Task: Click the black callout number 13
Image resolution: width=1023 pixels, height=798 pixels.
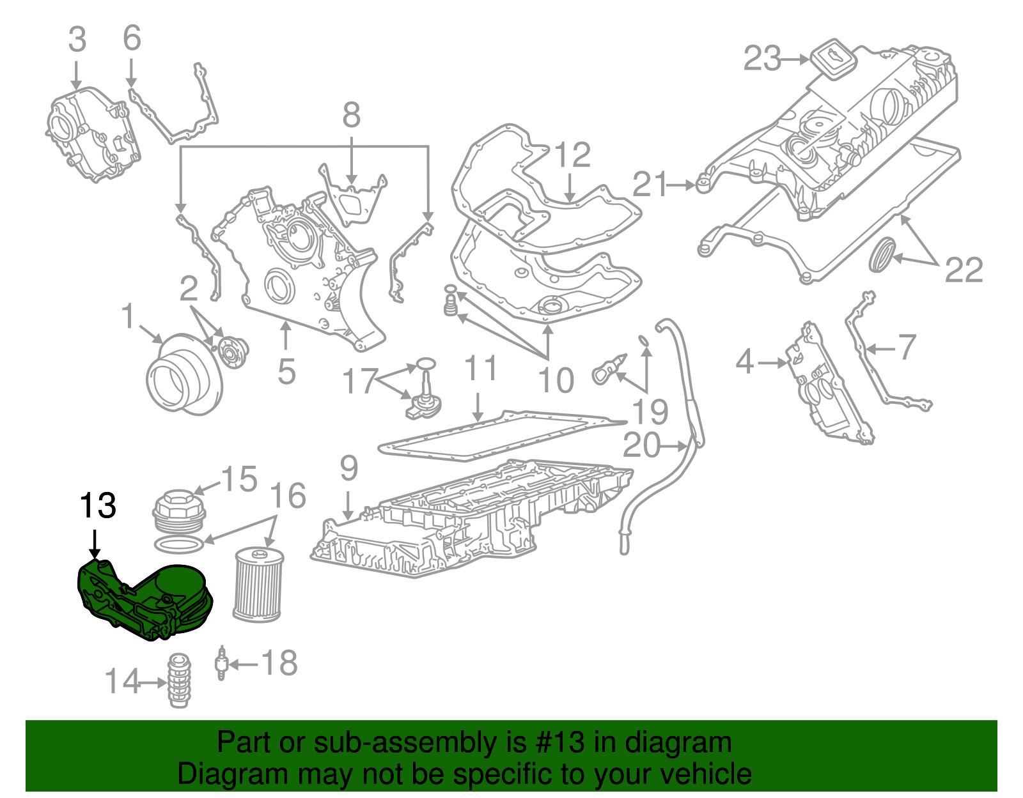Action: (x=97, y=506)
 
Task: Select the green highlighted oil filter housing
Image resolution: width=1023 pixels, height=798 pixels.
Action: (x=144, y=601)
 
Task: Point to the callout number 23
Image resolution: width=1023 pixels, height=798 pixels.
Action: (x=762, y=59)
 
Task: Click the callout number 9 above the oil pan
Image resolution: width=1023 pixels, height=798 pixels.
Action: (x=348, y=468)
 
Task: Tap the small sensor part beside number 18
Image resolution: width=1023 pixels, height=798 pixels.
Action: (x=221, y=663)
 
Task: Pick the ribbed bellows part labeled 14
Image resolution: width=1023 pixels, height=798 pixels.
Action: (x=179, y=680)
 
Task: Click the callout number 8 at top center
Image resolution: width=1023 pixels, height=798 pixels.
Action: (x=351, y=116)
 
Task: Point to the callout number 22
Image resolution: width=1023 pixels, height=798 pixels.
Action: (x=963, y=270)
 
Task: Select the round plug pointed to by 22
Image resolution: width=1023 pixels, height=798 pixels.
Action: (x=882, y=254)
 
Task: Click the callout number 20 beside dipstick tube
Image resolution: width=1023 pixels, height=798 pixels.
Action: (x=641, y=445)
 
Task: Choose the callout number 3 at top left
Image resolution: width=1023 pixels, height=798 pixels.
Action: (x=77, y=40)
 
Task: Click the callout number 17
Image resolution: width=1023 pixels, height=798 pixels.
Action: (x=360, y=381)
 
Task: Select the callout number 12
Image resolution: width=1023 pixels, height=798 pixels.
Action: (x=572, y=155)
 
